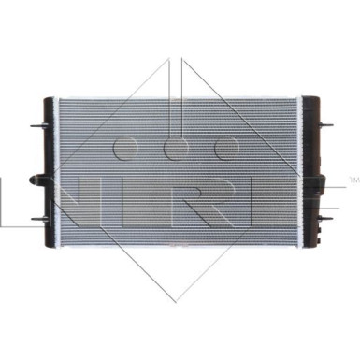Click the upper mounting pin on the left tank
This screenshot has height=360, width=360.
point(38,126)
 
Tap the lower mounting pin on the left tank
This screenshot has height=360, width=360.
point(39,219)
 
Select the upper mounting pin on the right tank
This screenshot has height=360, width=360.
point(325,125)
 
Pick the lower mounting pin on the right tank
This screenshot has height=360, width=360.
point(325,217)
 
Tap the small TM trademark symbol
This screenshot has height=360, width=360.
point(353,180)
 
